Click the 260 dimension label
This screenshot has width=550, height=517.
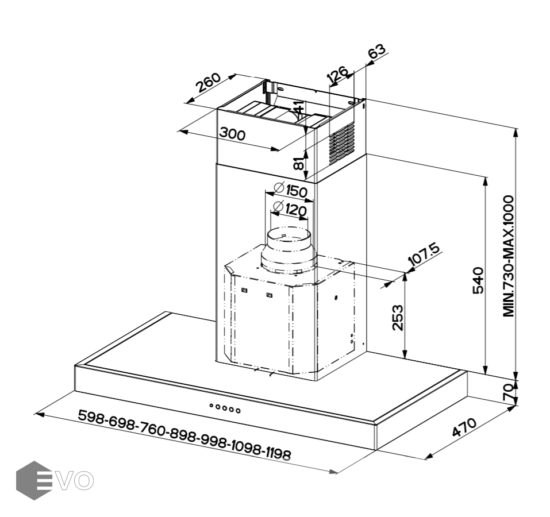(x=208, y=82)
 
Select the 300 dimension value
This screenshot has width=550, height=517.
(x=232, y=134)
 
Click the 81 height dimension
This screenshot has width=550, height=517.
(x=298, y=164)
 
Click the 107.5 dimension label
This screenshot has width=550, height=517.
(x=424, y=255)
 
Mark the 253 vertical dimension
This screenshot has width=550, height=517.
(x=398, y=318)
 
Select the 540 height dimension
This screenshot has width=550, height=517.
(x=478, y=280)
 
